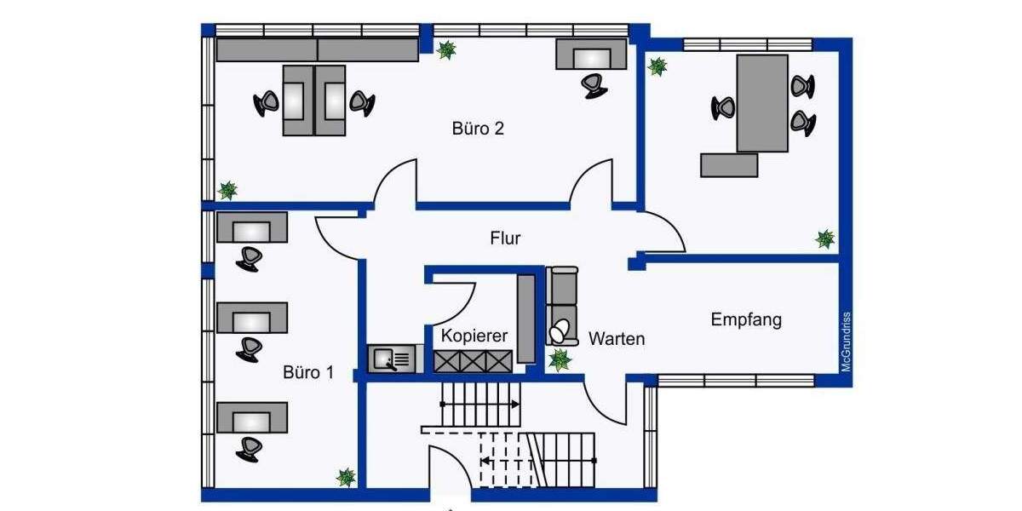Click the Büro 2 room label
pos(478,129)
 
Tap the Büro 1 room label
pos(308,372)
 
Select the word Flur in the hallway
pos(505,238)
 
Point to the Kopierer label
pos(474,336)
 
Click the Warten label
pos(617,339)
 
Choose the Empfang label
pos(746,320)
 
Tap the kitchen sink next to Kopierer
pos(394,359)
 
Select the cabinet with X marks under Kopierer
pos(473,361)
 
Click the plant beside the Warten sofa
pos(560,360)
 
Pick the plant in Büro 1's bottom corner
pos(346,477)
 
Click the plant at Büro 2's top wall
pos(445,50)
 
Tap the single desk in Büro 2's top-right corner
pos(592,55)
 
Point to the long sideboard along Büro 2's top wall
pos(317,49)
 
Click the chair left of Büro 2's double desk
pos(267,103)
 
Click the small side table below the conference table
pos(729,164)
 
